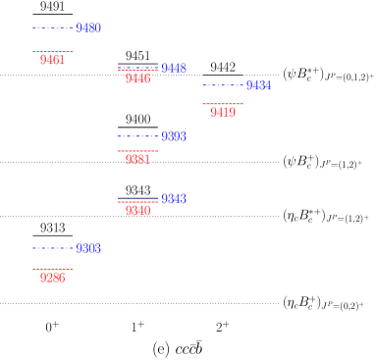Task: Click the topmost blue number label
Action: [88, 28]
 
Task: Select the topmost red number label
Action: [52, 60]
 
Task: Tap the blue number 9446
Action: [174, 69]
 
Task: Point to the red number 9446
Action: [137, 78]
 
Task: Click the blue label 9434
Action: [258, 85]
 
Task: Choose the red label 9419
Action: [223, 113]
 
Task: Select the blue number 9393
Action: [174, 136]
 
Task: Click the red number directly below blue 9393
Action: [137, 160]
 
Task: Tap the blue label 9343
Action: [174, 199]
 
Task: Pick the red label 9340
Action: [137, 211]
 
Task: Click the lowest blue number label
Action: [88, 248]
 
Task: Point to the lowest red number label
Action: [52, 278]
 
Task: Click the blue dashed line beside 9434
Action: [223, 85]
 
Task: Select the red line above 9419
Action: [223, 104]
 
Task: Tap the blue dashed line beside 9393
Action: [137, 136]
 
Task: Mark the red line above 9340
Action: [137, 202]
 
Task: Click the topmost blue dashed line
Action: [52, 28]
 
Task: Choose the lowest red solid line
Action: [52, 269]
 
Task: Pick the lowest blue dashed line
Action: [52, 248]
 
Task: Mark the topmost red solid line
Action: [52, 51]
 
